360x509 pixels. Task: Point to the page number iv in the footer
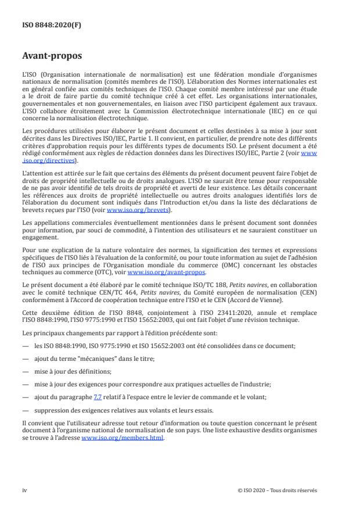pyautogui.click(x=25, y=490)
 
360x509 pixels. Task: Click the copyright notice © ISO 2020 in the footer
pyautogui.click(x=278, y=490)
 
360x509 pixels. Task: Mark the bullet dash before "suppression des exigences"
pyautogui.click(x=26, y=409)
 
